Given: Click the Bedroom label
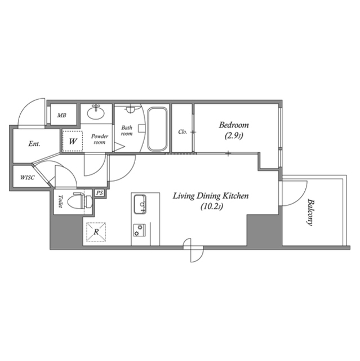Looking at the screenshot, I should tap(233, 125).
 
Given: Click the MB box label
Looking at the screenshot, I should tap(61, 115).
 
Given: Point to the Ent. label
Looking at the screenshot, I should tap(34, 144).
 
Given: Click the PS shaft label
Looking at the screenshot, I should tap(100, 193).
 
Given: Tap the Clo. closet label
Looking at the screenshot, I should tap(182, 132).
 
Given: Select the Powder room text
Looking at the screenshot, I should tap(100, 139).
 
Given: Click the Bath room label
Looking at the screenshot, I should tap(127, 131).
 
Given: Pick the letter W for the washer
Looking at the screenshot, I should tap(73, 141).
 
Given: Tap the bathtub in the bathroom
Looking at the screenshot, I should tap(157, 130).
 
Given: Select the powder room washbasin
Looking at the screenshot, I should tap(96, 113).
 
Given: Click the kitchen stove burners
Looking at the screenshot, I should tap(139, 230).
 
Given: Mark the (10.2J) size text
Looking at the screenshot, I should tap(211, 206).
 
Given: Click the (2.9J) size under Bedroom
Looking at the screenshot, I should tap(233, 135).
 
